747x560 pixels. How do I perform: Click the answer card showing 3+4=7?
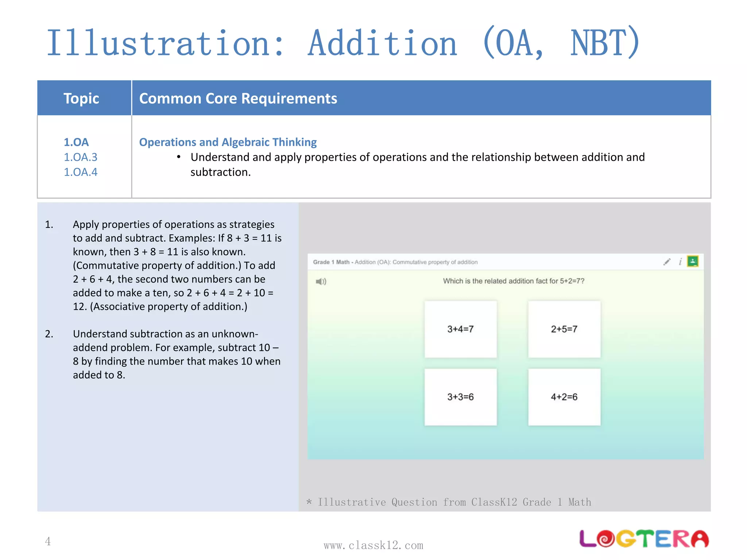pyautogui.click(x=460, y=329)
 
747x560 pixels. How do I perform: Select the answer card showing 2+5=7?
pyautogui.click(x=564, y=329)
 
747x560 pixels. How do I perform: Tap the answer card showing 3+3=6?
pyautogui.click(x=460, y=397)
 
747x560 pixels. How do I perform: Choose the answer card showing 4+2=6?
pyautogui.click(x=564, y=397)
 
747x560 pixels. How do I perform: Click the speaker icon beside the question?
pyautogui.click(x=321, y=281)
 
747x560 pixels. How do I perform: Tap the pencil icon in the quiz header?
pyautogui.click(x=667, y=262)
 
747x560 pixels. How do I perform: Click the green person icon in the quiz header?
pyautogui.click(x=692, y=261)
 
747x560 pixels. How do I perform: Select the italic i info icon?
pyautogui.click(x=680, y=262)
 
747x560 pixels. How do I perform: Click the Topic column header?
pyautogui.click(x=81, y=98)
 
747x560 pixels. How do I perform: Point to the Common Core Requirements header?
pyautogui.click(x=238, y=98)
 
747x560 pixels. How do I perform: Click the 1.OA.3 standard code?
pyautogui.click(x=81, y=157)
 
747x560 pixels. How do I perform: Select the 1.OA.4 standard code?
pyautogui.click(x=81, y=172)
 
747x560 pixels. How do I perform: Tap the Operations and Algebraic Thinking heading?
pyautogui.click(x=228, y=142)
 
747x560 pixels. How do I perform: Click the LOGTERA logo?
pyautogui.click(x=644, y=538)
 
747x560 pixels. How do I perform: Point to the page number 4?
pyautogui.click(x=48, y=541)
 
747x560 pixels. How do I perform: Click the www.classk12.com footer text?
pyautogui.click(x=373, y=545)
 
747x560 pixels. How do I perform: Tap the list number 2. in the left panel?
pyautogui.click(x=49, y=334)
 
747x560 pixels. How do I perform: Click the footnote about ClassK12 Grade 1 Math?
pyautogui.click(x=449, y=502)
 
